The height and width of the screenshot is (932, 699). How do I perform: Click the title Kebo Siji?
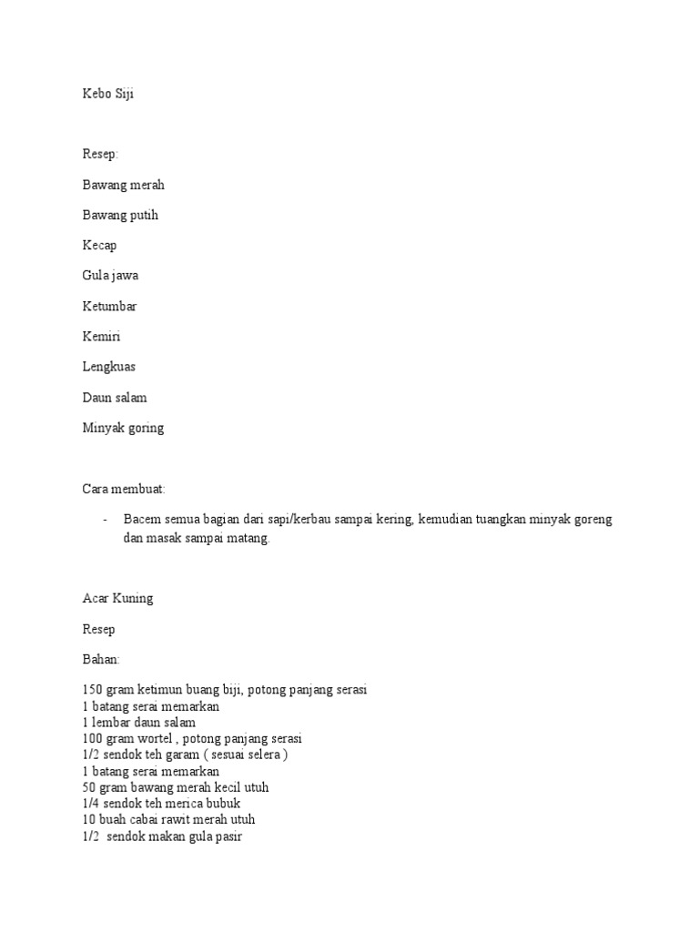tap(107, 94)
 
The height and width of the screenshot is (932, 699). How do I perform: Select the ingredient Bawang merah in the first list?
tap(123, 185)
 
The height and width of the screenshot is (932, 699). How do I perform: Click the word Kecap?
tap(99, 246)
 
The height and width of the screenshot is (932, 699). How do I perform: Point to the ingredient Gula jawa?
tap(110, 276)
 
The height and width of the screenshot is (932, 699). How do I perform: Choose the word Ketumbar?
tap(109, 307)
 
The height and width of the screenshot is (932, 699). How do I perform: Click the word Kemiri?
tap(101, 337)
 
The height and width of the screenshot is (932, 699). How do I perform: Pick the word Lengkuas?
tap(109, 367)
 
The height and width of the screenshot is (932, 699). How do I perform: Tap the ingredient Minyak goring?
tap(123, 428)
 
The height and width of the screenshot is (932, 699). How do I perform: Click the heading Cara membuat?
tap(124, 490)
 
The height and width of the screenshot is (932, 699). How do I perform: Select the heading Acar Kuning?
tap(118, 598)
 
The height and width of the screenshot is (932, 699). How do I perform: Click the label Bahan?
tap(100, 659)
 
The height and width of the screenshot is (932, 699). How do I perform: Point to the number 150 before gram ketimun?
tap(92, 690)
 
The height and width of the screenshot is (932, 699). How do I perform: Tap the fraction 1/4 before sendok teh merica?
tap(90, 804)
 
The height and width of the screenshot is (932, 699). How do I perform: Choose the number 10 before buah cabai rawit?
tap(88, 819)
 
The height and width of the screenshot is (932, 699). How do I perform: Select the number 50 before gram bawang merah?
tap(88, 787)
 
